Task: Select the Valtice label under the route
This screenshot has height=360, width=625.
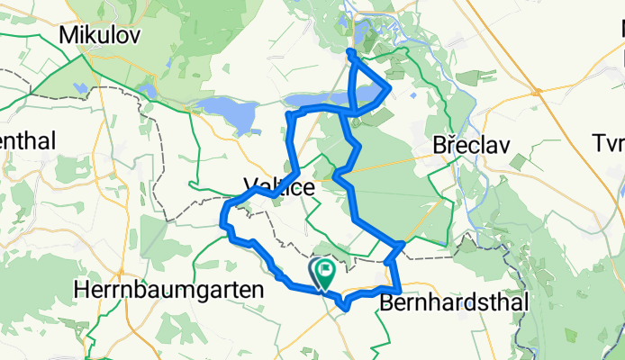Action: coord(278,188)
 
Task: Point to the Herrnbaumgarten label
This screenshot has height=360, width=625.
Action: coord(169,291)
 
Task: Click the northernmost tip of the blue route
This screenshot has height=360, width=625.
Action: coord(349,53)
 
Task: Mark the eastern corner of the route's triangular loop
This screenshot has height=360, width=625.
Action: coord(388,88)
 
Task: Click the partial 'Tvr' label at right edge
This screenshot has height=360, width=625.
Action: coord(609,144)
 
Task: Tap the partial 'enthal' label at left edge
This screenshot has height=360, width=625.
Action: coord(27,140)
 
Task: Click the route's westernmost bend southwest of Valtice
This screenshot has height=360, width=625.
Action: coord(223,216)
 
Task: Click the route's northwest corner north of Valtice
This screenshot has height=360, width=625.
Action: coord(288,115)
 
